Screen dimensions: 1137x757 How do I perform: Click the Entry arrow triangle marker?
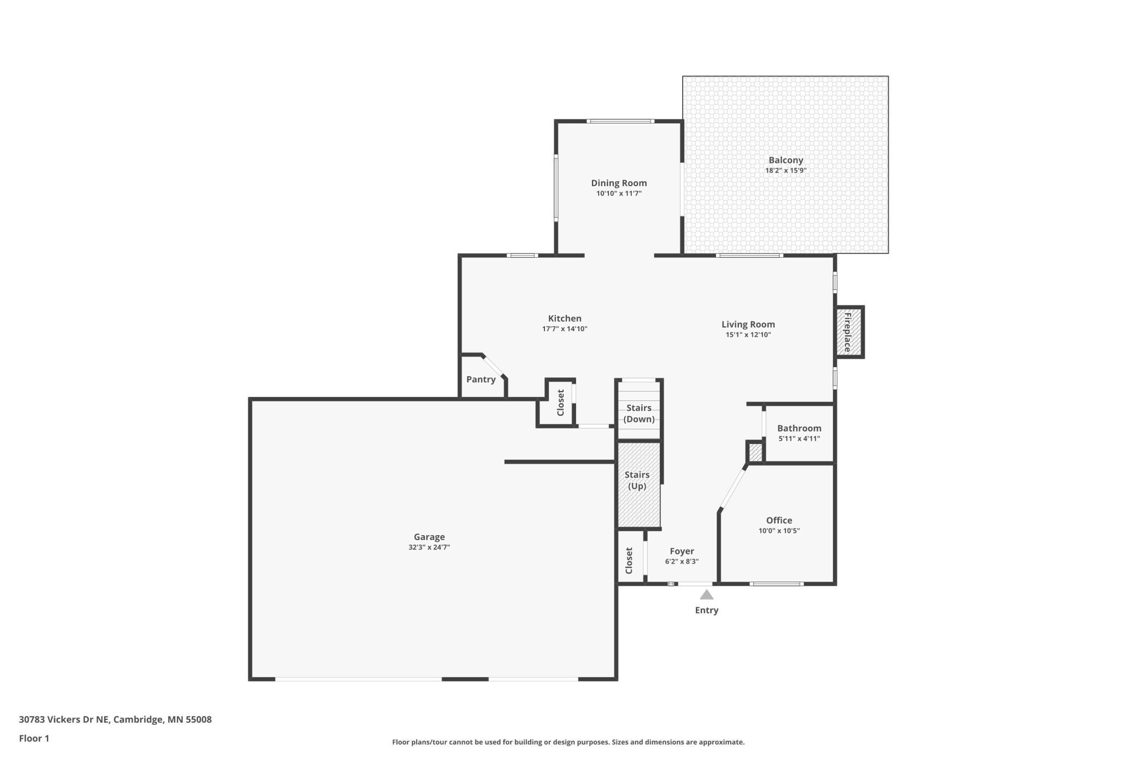pos(706,595)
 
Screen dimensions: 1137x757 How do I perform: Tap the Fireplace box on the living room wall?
pos(849,332)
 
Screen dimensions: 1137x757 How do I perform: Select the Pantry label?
pos(481,379)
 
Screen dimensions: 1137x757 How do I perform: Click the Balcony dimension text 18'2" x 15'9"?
pos(786,170)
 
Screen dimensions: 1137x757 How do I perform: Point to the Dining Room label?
pos(619,183)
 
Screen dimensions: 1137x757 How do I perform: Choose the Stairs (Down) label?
pos(639,413)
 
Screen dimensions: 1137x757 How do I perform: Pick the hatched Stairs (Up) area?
pos(638,485)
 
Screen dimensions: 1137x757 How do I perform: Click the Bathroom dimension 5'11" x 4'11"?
pos(799,439)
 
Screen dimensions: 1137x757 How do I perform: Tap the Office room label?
pos(779,520)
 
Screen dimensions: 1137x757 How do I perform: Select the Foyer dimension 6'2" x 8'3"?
pos(682,561)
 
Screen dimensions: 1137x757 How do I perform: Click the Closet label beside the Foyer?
pos(629,560)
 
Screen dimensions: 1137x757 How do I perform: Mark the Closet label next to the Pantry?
pos(560,403)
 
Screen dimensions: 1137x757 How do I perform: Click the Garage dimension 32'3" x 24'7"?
pos(429,547)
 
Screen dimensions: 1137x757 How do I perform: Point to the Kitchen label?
pos(565,318)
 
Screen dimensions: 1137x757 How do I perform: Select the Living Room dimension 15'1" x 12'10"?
pos(748,335)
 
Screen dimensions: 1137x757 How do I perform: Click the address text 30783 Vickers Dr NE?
pos(64,719)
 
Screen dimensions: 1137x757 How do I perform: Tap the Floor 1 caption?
pos(34,738)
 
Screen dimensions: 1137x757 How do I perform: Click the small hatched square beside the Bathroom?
pos(755,452)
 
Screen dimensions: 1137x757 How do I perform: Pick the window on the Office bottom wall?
pos(776,584)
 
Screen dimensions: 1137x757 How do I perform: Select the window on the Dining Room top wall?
pos(620,121)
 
